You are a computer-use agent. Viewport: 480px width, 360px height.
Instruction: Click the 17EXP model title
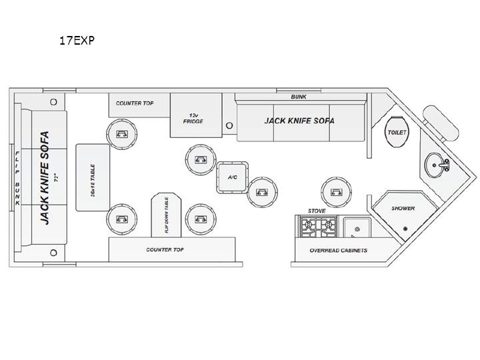(x=77, y=41)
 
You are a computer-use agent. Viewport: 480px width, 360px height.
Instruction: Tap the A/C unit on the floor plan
(x=233, y=177)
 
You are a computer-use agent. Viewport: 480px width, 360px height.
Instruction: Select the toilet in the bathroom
(x=397, y=132)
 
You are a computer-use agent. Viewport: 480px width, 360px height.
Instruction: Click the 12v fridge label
(x=193, y=119)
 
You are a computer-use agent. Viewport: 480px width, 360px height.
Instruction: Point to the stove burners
(x=319, y=227)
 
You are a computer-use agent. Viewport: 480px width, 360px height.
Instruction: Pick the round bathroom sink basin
(x=434, y=165)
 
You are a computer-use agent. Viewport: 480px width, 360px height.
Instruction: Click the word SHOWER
(x=403, y=208)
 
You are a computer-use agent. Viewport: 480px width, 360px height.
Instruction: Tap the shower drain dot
(x=405, y=229)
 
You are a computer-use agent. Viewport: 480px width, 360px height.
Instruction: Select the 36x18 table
(x=93, y=177)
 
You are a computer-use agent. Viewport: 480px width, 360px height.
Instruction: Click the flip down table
(x=166, y=215)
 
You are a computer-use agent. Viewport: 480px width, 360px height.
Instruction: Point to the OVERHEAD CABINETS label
(x=338, y=251)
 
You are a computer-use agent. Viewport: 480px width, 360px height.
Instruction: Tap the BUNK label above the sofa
(x=299, y=97)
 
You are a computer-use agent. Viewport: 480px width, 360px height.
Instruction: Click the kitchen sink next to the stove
(x=357, y=227)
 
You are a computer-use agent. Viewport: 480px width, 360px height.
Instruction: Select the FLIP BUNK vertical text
(x=17, y=178)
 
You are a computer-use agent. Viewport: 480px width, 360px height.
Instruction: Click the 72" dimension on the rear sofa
(x=56, y=177)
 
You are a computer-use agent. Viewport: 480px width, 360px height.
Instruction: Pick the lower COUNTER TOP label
(x=165, y=250)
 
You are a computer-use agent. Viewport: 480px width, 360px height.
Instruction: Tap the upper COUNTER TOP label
(x=135, y=103)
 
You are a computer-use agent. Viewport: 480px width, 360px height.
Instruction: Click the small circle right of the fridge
(x=229, y=125)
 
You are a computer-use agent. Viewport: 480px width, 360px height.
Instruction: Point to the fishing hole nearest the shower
(x=337, y=192)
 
